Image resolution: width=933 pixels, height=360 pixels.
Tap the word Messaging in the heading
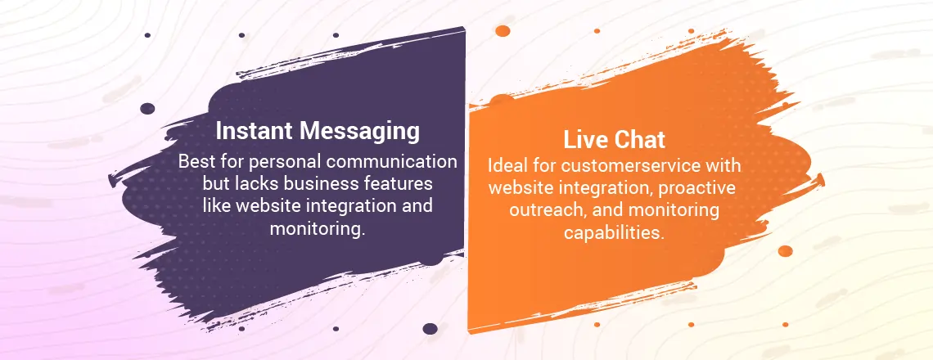point(360,132)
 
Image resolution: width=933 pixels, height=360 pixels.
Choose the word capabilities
point(614,233)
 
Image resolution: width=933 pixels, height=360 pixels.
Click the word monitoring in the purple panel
point(318,229)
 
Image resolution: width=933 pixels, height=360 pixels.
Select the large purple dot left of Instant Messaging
point(147,109)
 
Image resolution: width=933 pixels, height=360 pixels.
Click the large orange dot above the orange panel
point(503,31)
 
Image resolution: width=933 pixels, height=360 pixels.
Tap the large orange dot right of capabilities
point(786,251)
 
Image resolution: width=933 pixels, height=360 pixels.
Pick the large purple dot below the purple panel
point(430,329)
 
